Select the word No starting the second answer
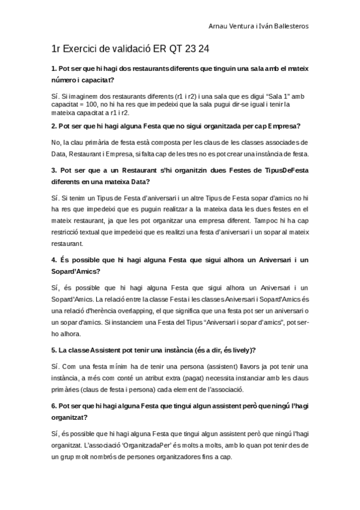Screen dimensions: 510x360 [x=56, y=142]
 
